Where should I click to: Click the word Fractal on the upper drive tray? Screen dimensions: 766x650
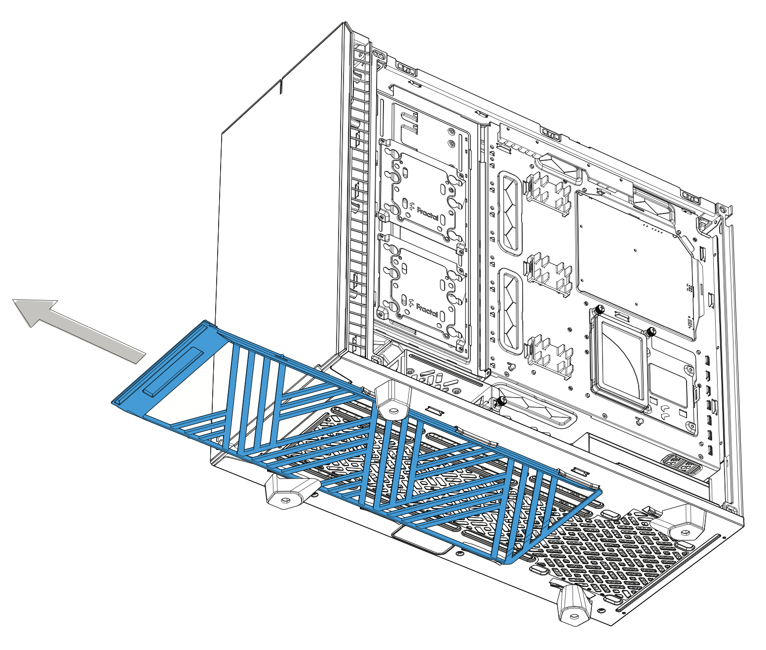click(427, 214)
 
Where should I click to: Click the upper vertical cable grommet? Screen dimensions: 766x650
click(510, 213)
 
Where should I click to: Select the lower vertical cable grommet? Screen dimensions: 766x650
click(510, 312)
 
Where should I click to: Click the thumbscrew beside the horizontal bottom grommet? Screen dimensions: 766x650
click(502, 401)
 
